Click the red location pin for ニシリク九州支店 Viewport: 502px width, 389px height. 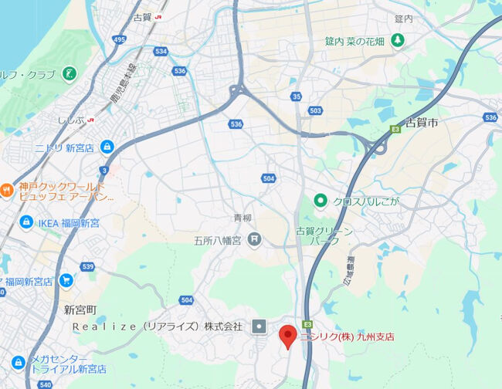288,335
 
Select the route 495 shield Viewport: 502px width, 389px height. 118,39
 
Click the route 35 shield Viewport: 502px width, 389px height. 297,96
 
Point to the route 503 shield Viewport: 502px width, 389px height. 315,111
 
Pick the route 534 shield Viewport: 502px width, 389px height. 160,52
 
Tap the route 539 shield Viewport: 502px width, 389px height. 87,267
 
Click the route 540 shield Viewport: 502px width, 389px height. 44,384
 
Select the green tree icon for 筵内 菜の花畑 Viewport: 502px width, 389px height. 397,39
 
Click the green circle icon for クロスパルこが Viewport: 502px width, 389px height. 321,201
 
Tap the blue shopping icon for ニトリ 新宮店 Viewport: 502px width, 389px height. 107,146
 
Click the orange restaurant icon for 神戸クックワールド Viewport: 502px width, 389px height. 6,188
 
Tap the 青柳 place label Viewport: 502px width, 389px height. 243,219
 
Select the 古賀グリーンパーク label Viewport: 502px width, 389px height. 324,236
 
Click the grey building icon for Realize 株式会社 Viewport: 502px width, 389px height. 259,326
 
